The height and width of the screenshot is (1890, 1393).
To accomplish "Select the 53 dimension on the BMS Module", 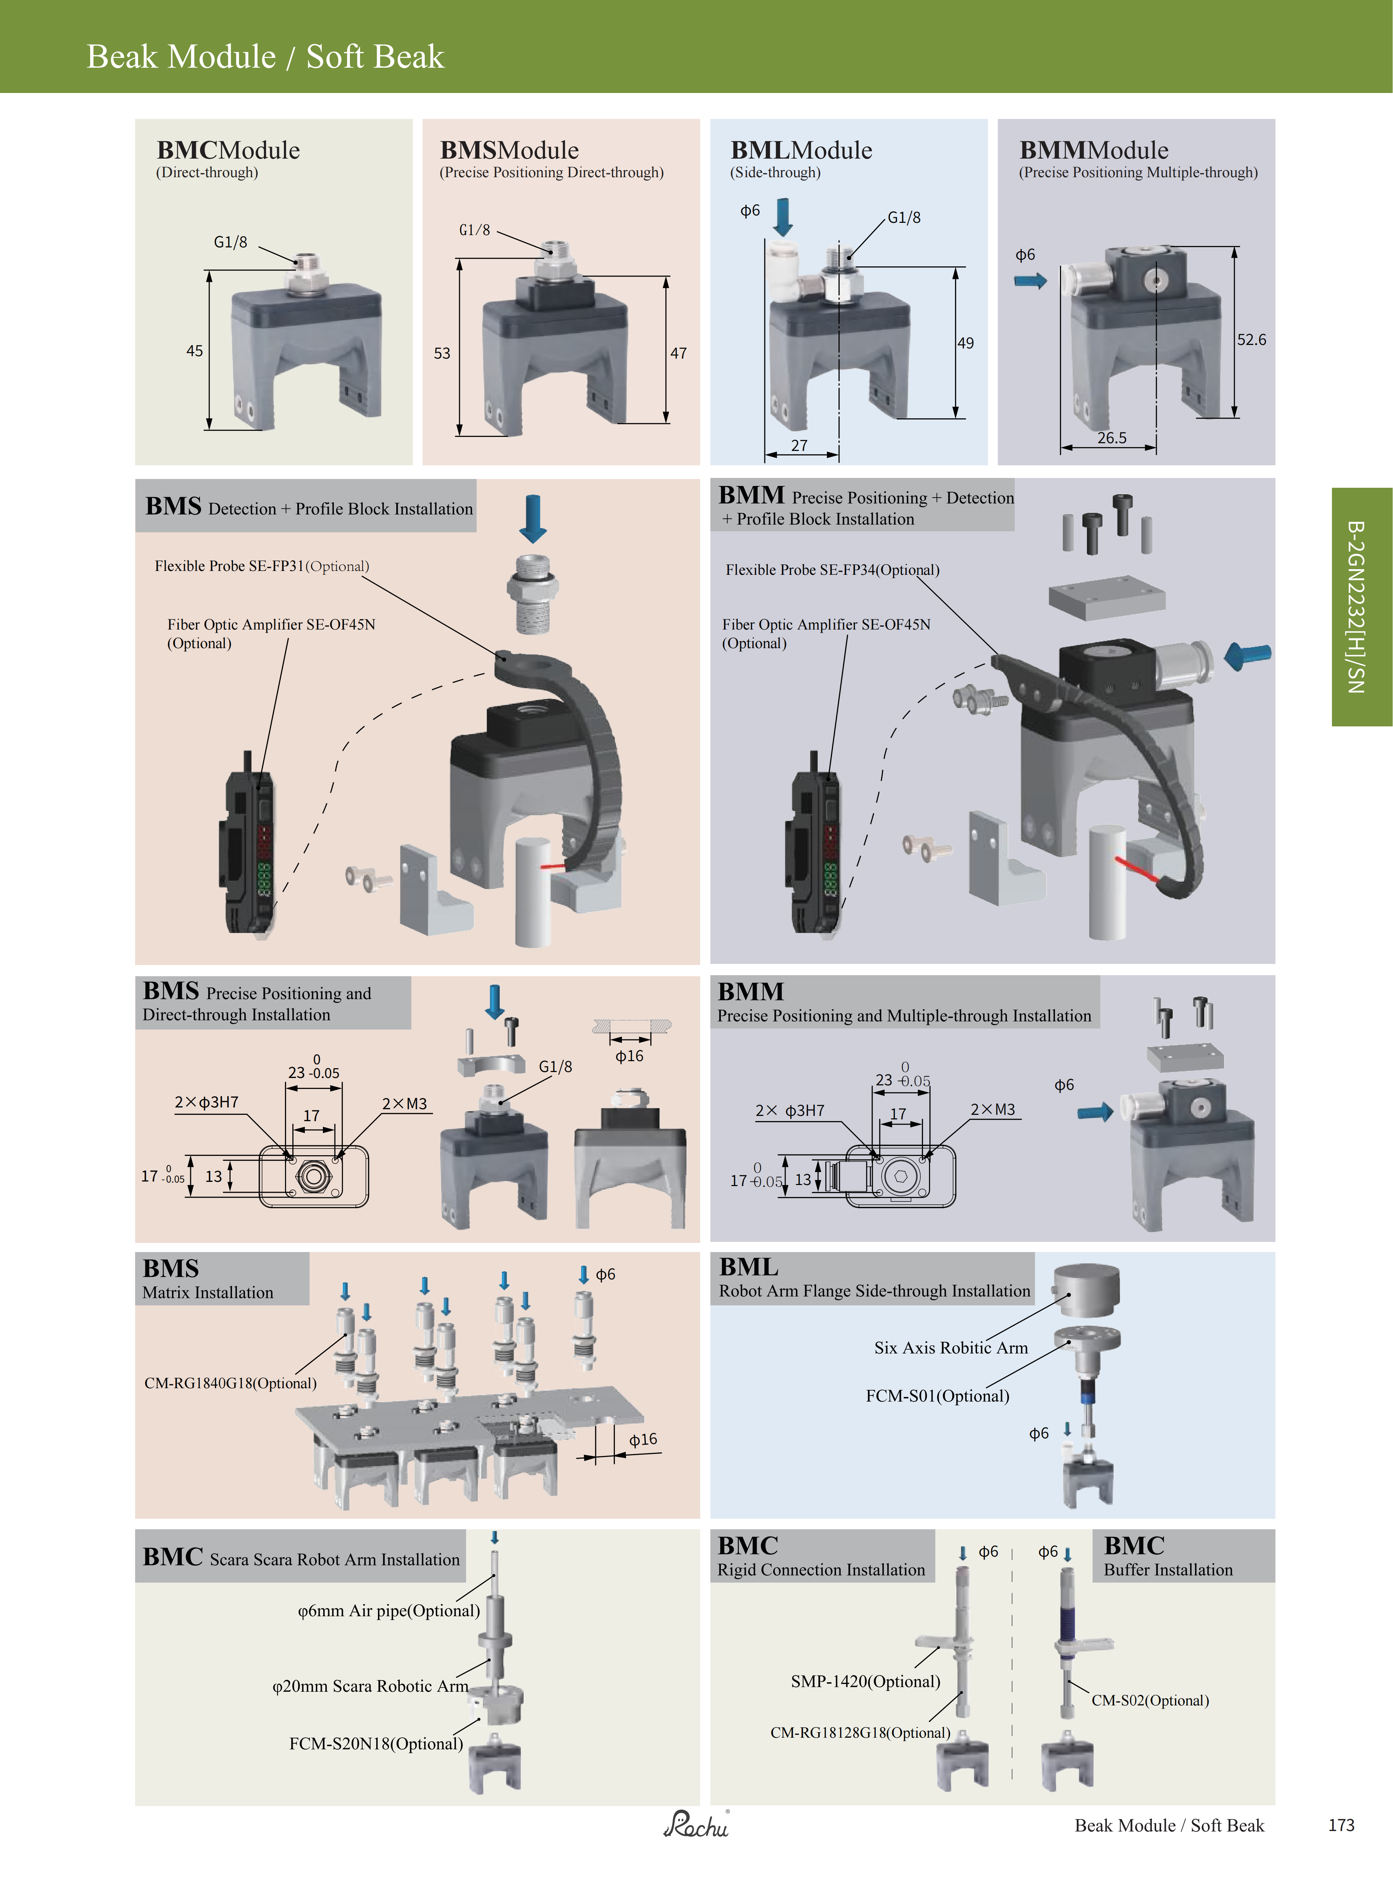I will pos(442,353).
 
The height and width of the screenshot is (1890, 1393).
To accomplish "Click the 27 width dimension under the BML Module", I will pos(798,446).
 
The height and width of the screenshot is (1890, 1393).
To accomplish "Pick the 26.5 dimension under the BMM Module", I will pos(1112,438).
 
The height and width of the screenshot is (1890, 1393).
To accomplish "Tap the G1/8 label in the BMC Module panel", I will pos(230,242).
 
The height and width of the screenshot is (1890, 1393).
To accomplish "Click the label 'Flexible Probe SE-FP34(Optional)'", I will pos(832,570).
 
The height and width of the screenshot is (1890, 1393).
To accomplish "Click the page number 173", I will pos(1341,1825).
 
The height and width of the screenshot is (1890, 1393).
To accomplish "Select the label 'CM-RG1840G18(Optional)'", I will pos(230,1383).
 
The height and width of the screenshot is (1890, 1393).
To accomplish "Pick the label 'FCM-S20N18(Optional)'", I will pos(376,1743).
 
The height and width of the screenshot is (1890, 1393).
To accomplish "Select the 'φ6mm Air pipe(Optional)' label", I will pos(389,1611).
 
